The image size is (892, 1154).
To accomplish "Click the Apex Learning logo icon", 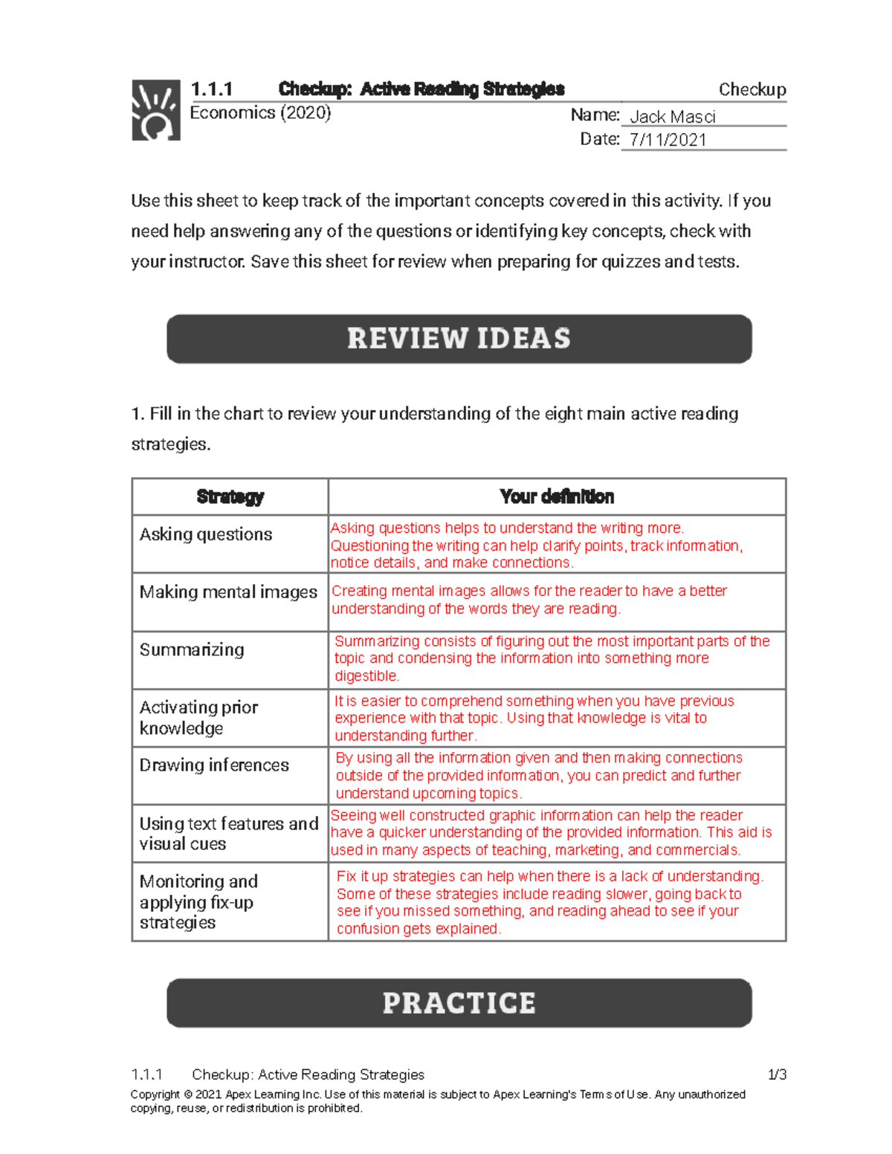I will [156, 110].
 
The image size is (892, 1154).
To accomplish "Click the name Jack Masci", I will [672, 117].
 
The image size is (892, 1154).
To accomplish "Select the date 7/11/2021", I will [667, 140].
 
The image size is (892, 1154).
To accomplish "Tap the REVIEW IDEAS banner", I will [459, 339].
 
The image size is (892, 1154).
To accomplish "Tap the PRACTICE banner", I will [459, 1003].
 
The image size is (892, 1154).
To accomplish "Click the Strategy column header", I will [230, 497].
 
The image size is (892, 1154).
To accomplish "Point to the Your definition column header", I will [557, 497].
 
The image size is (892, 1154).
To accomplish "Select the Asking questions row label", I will [206, 534].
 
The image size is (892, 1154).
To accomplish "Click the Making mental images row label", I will [228, 592].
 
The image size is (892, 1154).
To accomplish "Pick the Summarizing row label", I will [192, 649].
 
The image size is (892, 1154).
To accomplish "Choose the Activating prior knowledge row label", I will [198, 718].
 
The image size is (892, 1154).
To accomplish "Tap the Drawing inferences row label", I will [214, 765].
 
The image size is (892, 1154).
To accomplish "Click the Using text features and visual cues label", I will [228, 834].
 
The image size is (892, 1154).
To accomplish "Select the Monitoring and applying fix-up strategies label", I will [198, 901].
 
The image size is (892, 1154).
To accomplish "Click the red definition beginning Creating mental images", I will [529, 600].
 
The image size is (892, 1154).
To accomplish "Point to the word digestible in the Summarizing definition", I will [366, 676].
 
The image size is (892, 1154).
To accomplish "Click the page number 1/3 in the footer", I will [777, 1074].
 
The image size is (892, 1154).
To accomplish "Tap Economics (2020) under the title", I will [260, 113].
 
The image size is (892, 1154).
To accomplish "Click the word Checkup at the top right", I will [752, 90].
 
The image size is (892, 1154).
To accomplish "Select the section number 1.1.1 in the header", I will [211, 90].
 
